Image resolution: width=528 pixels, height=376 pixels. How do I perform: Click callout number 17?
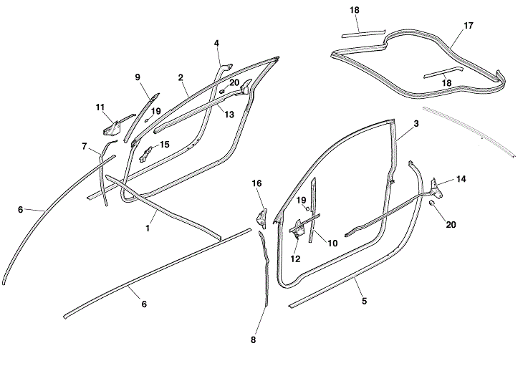point(469,25)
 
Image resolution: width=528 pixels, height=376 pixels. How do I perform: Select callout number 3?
point(416,124)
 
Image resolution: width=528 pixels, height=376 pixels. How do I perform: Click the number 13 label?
point(229,114)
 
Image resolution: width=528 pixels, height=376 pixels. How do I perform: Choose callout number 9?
point(138,77)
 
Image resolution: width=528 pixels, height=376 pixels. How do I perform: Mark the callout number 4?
point(216,43)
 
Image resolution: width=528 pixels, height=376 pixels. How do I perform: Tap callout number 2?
point(181,77)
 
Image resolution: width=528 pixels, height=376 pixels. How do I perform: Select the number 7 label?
point(85,146)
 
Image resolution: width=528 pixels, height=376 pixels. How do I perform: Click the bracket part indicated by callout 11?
point(112,127)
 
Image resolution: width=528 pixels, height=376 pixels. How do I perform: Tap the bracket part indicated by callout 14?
point(436,187)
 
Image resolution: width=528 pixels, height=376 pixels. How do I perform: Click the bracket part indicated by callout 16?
point(262,214)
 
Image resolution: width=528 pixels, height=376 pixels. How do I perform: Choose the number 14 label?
point(461,179)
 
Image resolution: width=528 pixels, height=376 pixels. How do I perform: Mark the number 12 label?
point(296,259)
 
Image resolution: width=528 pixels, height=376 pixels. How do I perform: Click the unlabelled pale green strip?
point(469,132)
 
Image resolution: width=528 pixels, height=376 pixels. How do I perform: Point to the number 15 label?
point(164,144)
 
